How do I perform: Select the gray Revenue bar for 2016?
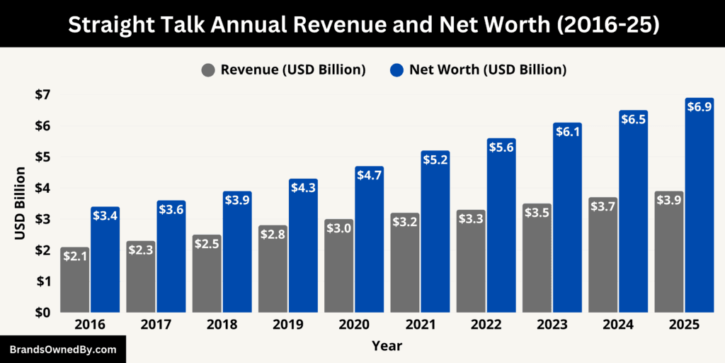pyautogui.click(x=75, y=284)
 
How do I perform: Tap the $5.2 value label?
pyautogui.click(x=435, y=161)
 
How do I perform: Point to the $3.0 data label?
pyautogui.click(x=339, y=229)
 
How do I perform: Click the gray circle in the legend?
pyautogui.click(x=208, y=69)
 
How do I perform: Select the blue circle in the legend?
pyautogui.click(x=396, y=69)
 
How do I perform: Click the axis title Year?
pyautogui.click(x=387, y=346)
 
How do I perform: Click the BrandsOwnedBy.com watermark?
pyautogui.click(x=62, y=350)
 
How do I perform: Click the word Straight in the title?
pyautogui.click(x=108, y=24)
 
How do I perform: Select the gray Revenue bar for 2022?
pyautogui.click(x=472, y=266)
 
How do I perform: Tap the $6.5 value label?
pyautogui.click(x=633, y=121)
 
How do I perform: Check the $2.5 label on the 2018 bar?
pyautogui.click(x=207, y=245)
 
